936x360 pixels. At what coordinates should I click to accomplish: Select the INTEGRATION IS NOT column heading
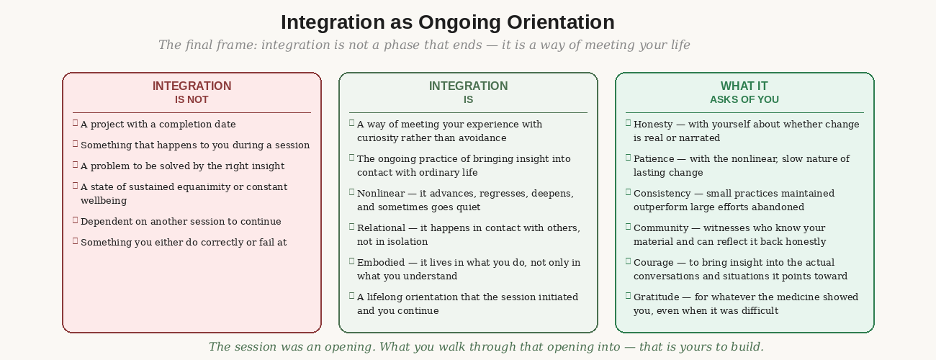(x=192, y=92)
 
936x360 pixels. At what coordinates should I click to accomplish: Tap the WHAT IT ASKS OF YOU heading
(x=744, y=92)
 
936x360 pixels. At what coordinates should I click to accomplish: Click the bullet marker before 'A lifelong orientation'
(x=351, y=295)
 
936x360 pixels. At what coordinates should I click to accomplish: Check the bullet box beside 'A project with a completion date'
(x=75, y=122)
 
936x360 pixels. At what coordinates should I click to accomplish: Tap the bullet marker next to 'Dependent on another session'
(x=75, y=220)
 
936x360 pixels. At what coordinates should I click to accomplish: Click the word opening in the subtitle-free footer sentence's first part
(x=348, y=347)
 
